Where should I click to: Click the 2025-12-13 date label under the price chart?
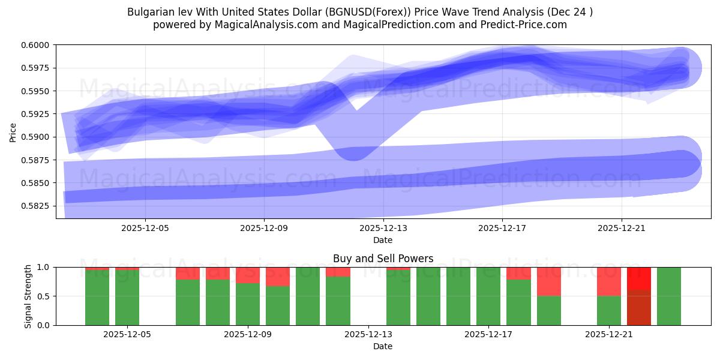point(383,228)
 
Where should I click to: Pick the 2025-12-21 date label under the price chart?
point(621,228)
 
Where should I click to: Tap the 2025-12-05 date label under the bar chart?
point(127,334)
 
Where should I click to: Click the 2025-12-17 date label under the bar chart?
point(488,334)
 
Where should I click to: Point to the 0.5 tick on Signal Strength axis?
point(45,296)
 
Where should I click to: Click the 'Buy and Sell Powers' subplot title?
point(383,259)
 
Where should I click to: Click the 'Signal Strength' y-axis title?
point(28,296)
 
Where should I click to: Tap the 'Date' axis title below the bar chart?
point(383,346)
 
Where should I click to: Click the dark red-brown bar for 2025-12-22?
point(639,308)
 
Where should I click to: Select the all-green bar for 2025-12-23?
point(669,296)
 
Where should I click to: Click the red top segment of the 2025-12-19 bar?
point(548,281)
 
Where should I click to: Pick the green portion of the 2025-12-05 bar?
point(127,298)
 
